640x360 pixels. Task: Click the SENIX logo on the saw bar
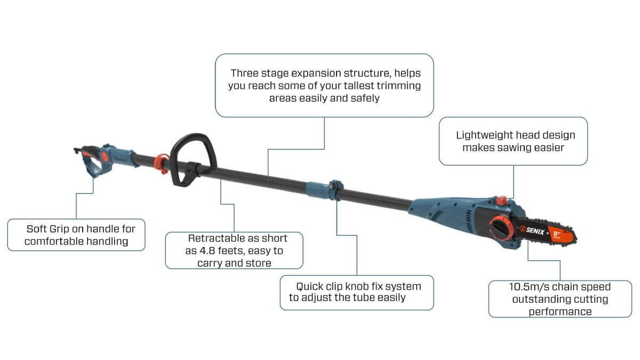(532, 230)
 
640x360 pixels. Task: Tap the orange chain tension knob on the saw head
(500, 228)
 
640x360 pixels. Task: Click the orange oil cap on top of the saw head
(501, 201)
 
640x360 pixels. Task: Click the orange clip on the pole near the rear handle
(162, 164)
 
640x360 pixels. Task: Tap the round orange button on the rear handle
(105, 157)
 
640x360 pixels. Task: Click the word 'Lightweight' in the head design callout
(483, 135)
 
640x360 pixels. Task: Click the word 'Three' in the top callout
(245, 73)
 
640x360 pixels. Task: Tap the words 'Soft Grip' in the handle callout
(47, 229)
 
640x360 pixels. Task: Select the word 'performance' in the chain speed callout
(560, 311)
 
